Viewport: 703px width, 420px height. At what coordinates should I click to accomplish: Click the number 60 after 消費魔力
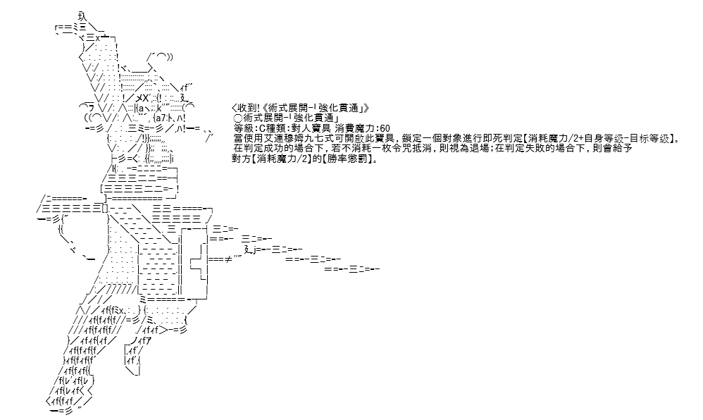385,128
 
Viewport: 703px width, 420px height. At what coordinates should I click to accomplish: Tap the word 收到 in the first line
247,108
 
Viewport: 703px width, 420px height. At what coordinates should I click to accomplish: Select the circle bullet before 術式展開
238,118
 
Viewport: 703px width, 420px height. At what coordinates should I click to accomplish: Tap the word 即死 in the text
478,139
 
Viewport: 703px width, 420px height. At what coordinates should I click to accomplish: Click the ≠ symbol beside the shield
228,259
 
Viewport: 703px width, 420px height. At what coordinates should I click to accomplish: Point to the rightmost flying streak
352,269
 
